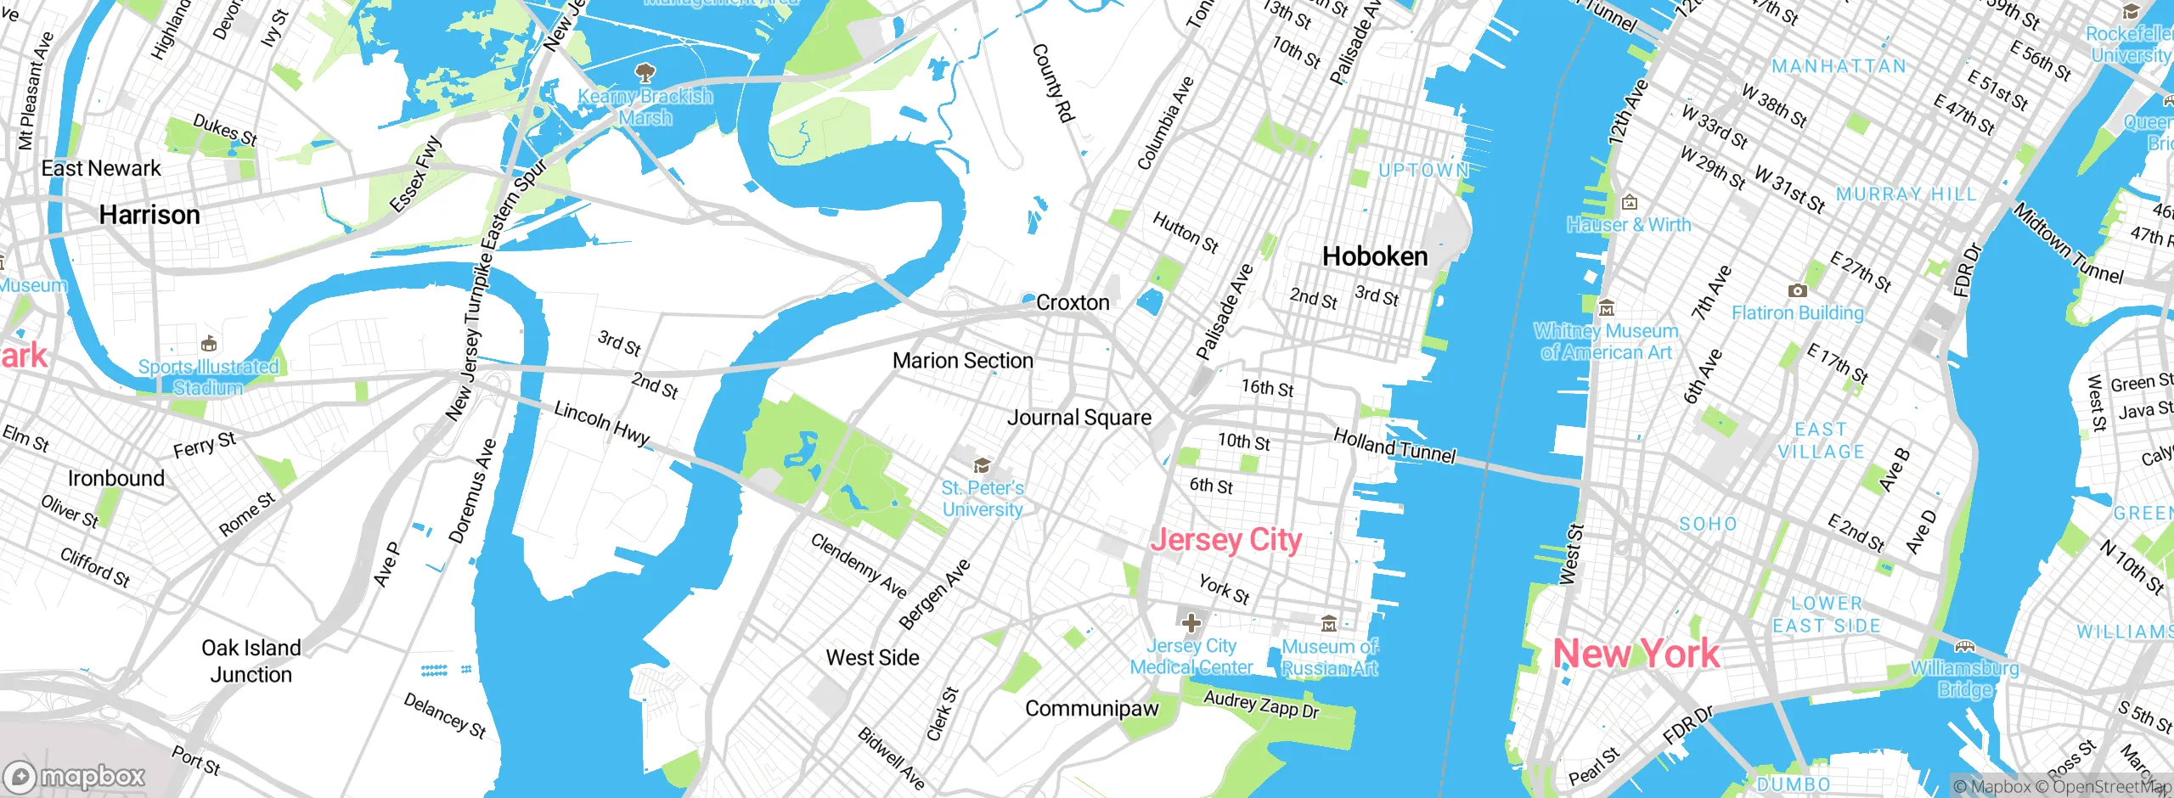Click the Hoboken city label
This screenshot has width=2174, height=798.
click(x=1375, y=256)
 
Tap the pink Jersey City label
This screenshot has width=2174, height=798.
click(x=1225, y=540)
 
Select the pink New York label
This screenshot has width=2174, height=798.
click(x=1636, y=654)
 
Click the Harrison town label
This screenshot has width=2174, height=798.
click(x=149, y=215)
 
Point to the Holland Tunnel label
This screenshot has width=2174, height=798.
click(x=1394, y=446)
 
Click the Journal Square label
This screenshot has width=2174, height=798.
click(x=1079, y=418)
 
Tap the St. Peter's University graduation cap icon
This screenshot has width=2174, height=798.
click(x=983, y=464)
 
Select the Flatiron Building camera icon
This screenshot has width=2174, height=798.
click(x=1797, y=290)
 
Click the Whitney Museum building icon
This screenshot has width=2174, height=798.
click(x=1606, y=308)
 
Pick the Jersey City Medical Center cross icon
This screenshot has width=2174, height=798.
click(x=1191, y=623)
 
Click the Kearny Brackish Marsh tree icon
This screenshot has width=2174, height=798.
click(x=645, y=71)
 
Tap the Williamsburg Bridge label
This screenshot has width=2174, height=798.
click(x=1964, y=678)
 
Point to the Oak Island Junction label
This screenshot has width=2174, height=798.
click(x=251, y=661)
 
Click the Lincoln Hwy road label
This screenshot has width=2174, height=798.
click(x=601, y=422)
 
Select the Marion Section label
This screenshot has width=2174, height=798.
click(x=962, y=361)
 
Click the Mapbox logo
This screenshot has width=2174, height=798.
click(x=75, y=776)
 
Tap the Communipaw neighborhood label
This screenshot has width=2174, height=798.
click(x=1091, y=709)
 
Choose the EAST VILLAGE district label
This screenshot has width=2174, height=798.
click(x=1821, y=441)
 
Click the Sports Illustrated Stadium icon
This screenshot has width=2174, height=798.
click(x=209, y=344)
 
